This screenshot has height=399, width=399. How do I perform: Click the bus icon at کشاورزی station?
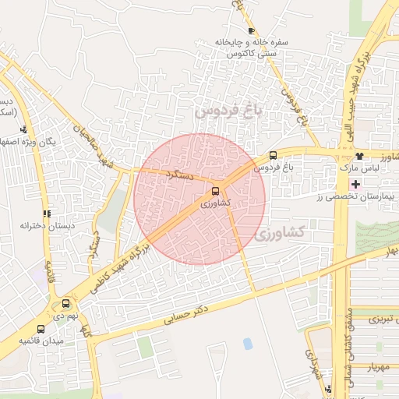point(215,191)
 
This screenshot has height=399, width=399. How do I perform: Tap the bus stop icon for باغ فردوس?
point(273,155)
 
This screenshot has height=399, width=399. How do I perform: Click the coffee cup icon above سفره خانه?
point(250,30)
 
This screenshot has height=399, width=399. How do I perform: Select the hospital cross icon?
point(356,184)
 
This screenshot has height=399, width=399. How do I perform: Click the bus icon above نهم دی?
point(65,304)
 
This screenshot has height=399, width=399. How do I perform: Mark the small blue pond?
point(248,344)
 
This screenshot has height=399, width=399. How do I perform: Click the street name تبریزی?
point(383,320)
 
